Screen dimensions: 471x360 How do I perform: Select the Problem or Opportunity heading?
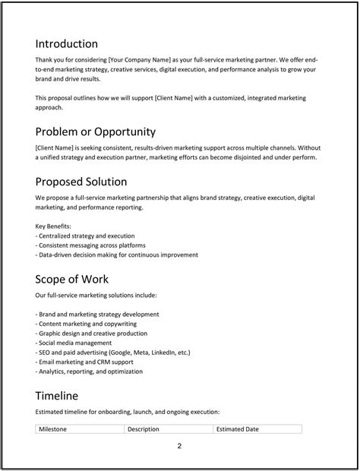click(x=96, y=131)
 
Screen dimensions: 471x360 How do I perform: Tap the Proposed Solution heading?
click(x=81, y=182)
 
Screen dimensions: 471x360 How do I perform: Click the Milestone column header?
click(x=53, y=429)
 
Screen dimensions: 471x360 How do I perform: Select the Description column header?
click(x=144, y=429)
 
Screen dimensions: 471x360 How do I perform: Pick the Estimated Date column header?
click(x=238, y=429)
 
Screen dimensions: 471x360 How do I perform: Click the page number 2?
click(x=179, y=446)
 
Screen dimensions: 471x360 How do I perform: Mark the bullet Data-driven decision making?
click(x=117, y=255)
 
